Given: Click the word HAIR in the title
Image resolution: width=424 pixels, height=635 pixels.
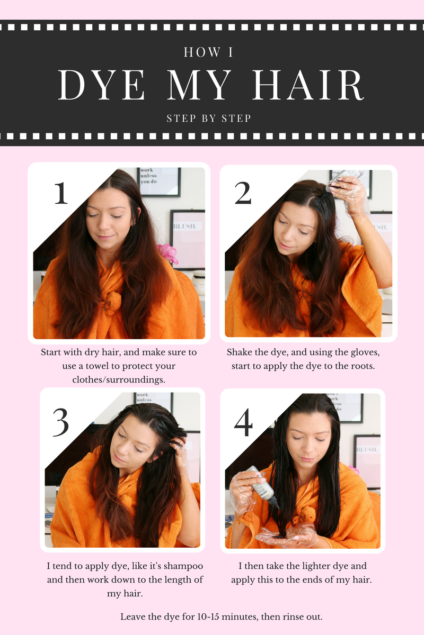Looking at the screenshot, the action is (x=307, y=85).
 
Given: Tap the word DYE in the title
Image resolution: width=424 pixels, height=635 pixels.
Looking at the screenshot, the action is (x=102, y=85).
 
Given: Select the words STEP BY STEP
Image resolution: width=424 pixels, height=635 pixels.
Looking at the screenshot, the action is (x=209, y=118).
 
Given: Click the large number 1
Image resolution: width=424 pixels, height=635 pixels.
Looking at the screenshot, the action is (x=61, y=193).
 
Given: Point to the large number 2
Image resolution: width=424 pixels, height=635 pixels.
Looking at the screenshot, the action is (x=243, y=193).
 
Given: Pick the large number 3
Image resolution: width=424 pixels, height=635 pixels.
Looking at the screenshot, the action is (x=61, y=422).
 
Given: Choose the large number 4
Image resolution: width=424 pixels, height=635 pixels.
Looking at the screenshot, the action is (x=243, y=422).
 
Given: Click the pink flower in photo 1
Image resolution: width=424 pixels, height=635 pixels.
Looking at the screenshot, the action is (x=168, y=253).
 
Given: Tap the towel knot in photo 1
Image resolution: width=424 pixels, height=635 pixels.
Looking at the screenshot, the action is (x=112, y=303).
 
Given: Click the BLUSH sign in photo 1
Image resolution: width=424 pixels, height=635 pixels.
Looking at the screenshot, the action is (x=185, y=226).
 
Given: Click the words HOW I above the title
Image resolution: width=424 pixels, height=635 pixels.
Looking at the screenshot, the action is (x=208, y=52).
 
